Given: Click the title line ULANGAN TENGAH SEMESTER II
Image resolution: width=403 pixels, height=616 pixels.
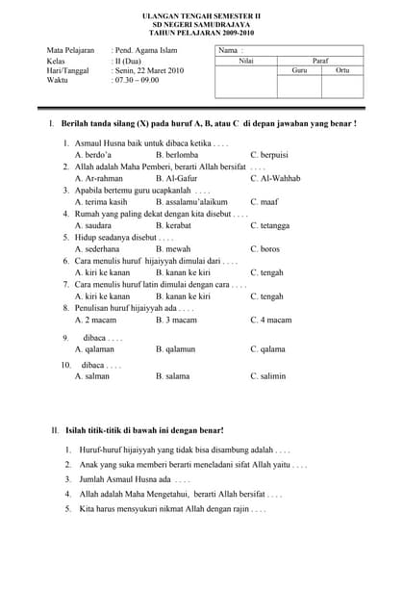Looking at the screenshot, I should point(201,16).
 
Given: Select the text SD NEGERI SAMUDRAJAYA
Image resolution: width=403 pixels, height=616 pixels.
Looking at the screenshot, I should point(201,24).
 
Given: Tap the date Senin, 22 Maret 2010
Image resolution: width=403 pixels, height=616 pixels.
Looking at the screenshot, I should point(149,71).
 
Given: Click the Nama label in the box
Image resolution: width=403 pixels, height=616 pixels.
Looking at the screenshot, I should point(229,50).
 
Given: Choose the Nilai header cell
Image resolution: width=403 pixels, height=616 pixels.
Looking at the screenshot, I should point(246,61).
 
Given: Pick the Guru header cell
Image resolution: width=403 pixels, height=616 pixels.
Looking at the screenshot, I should point(299,70).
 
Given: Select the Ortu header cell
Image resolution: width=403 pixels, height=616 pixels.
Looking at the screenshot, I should point(342,70).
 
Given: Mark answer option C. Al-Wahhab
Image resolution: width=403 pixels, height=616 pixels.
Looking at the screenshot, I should point(275,178).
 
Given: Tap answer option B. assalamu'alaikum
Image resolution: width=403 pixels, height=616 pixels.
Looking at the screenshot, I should point(191,202).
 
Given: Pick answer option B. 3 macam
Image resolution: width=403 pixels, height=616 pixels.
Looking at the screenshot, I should point(176,320).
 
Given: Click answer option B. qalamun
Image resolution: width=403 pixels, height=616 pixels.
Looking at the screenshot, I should point(176,349).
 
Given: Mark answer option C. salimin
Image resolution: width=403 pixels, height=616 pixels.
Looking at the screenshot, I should point(267,376).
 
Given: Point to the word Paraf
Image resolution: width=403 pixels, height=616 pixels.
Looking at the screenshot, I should point(320,61).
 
